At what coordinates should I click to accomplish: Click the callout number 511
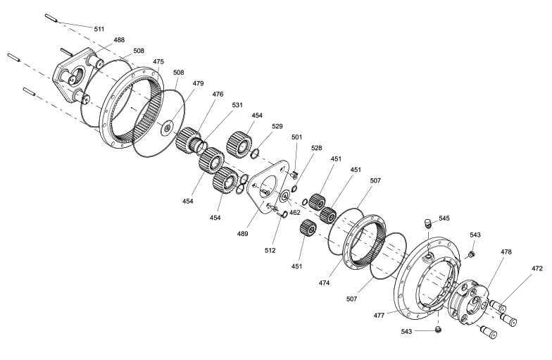[x=99, y=29]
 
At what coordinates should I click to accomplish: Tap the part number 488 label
[x=119, y=39]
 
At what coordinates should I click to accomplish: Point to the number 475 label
[x=158, y=62]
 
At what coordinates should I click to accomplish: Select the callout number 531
[x=237, y=105]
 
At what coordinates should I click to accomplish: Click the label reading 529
[x=277, y=126]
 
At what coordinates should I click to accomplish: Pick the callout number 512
[x=270, y=251]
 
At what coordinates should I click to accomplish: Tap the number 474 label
[x=324, y=283]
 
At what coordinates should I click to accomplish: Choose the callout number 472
[x=537, y=268]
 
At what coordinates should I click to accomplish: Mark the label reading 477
[x=379, y=316]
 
